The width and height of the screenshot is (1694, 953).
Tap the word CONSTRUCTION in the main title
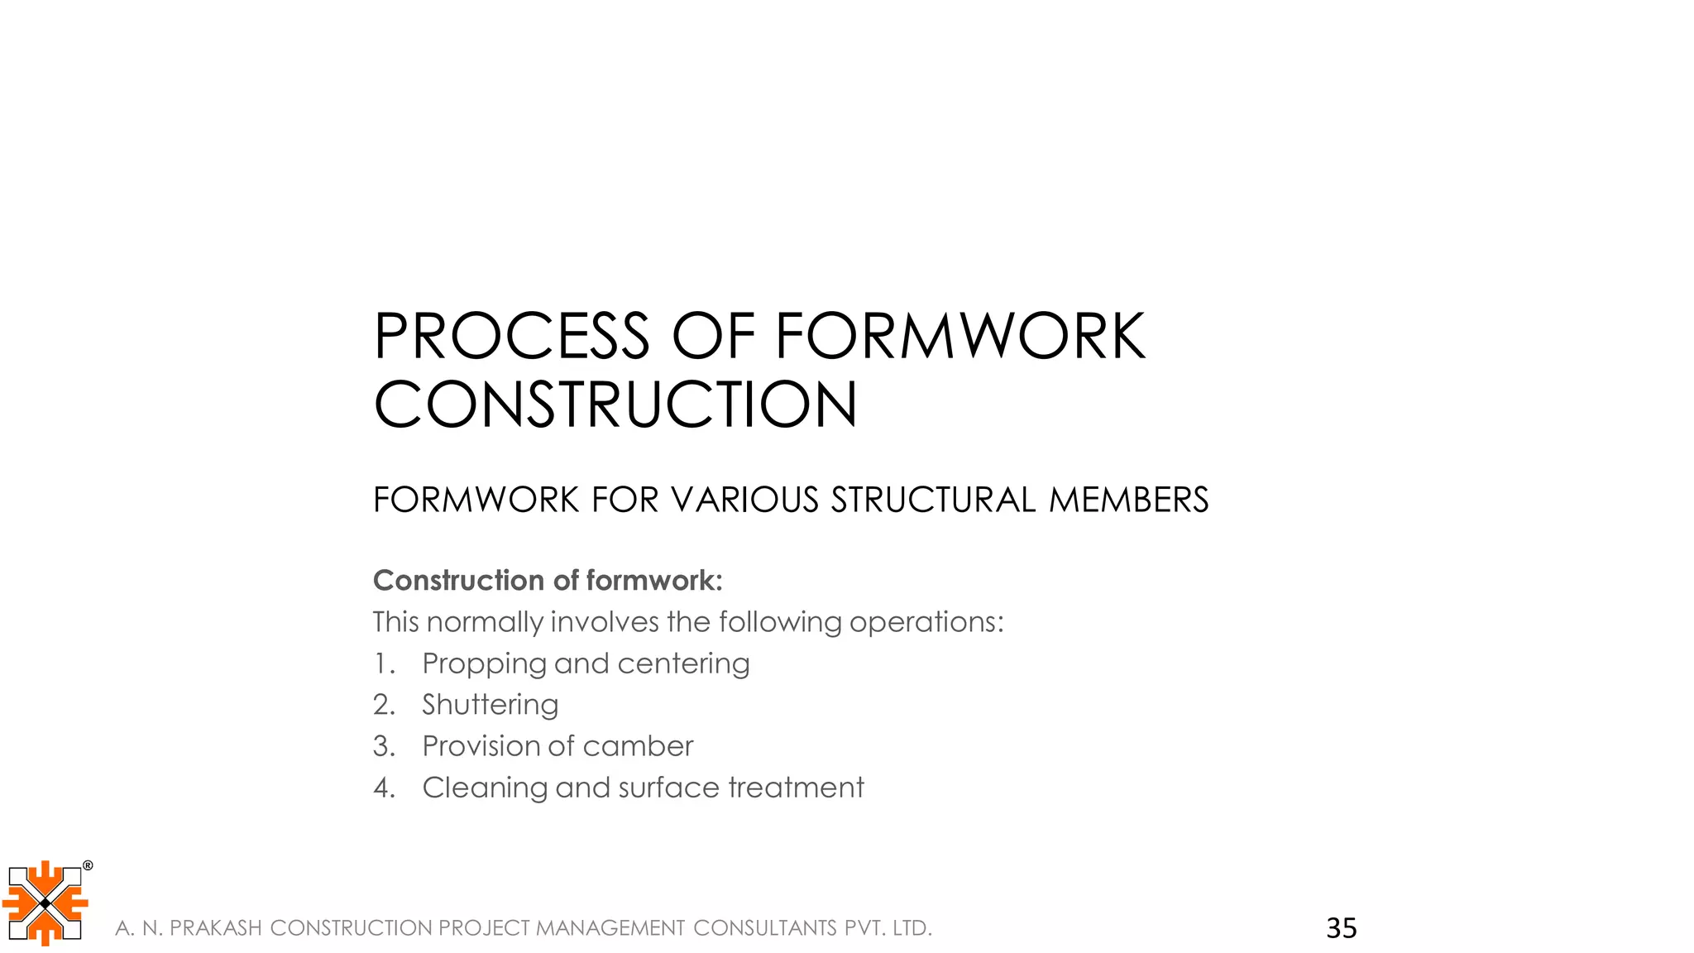[615, 405]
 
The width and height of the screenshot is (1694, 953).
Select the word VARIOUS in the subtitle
[744, 500]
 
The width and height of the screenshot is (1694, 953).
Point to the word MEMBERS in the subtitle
[1128, 500]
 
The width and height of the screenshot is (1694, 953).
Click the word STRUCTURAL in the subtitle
[933, 500]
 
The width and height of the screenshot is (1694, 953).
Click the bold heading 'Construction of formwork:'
[548, 581]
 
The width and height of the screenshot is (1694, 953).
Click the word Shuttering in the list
[490, 705]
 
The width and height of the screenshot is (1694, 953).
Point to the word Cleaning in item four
[485, 788]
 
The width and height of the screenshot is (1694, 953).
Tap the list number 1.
[382, 663]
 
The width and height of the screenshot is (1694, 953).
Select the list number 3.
[383, 746]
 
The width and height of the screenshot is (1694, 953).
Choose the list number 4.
[383, 788]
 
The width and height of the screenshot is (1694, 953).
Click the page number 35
[1341, 928]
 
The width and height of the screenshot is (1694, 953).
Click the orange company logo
[45, 903]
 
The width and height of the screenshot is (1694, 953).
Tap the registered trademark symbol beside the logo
[88, 866]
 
